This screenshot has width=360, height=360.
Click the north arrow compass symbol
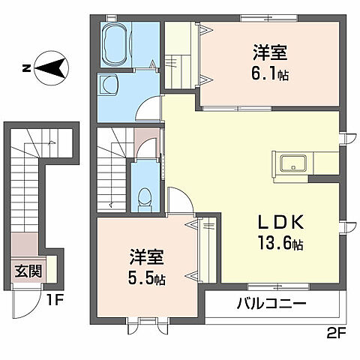pos(47,69)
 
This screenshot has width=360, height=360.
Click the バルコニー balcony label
pos(271,304)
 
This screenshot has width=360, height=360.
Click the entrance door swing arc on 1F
pos(25,302)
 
